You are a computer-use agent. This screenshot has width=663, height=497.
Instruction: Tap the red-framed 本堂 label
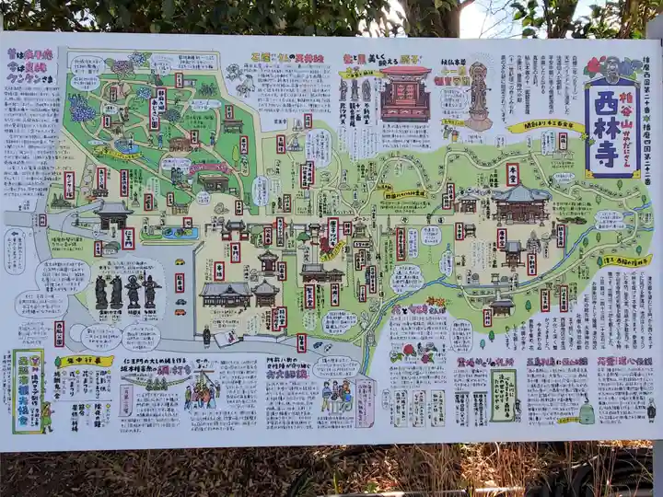pos(512,173)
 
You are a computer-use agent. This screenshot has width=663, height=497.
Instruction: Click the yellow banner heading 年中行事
pos(85,361)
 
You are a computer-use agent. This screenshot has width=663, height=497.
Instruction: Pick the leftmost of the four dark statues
pos(101,293)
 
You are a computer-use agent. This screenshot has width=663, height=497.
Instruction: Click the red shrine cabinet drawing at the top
pos(405,93)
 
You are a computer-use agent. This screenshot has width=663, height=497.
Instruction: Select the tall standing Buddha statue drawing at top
pos(478,96)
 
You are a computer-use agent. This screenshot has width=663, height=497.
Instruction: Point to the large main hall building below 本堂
pos(520,204)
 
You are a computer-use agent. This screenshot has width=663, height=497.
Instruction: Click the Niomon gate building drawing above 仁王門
pos(112,215)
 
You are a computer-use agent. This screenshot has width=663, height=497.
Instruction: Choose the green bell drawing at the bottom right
pos(586,413)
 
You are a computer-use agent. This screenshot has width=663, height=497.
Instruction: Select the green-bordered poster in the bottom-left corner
pos(27,390)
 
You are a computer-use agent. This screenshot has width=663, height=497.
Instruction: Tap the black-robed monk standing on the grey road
pos(206,336)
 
